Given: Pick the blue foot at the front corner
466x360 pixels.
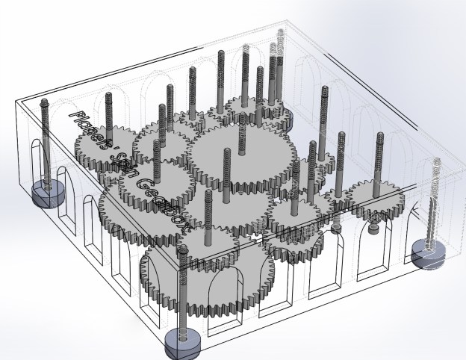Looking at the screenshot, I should pos(183,340).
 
